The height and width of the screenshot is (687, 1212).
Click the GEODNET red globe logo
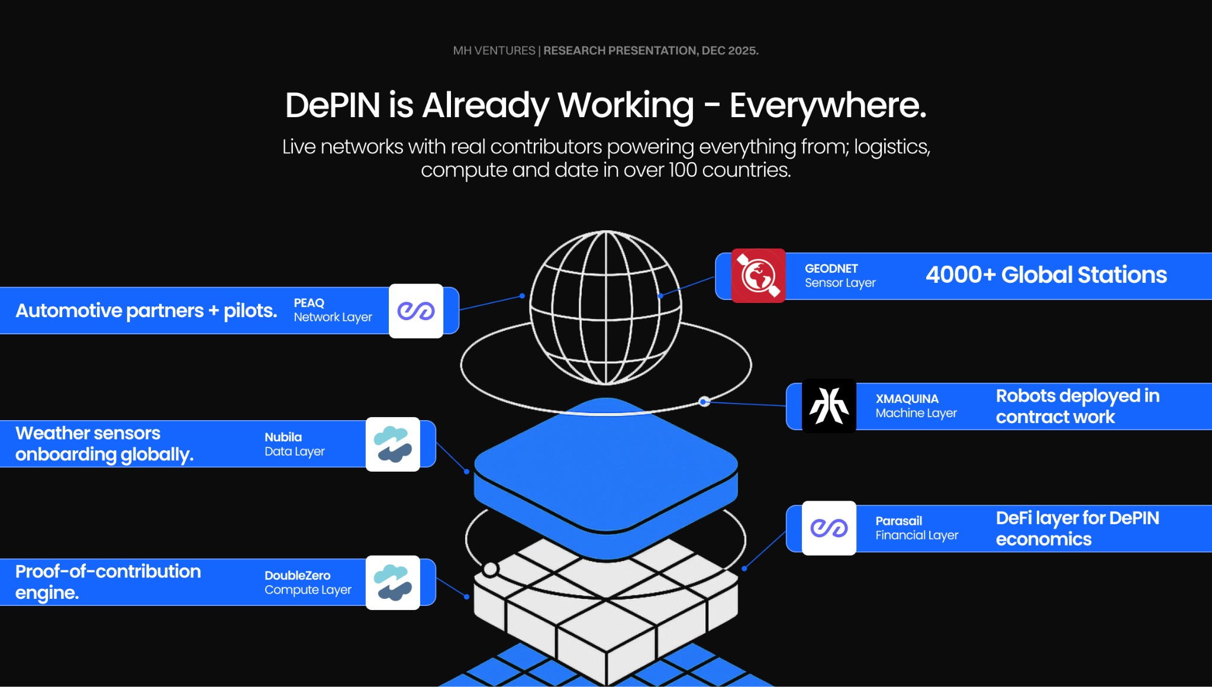click(758, 276)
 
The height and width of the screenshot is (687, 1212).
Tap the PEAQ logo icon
click(416, 311)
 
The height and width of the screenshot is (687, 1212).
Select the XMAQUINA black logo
click(829, 406)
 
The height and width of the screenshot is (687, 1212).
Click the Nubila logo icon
click(393, 444)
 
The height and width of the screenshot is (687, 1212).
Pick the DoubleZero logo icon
click(393, 583)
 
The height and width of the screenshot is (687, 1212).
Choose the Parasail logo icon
click(829, 528)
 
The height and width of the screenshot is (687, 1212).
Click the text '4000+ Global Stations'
click(1046, 275)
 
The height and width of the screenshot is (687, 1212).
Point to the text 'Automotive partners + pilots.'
click(146, 311)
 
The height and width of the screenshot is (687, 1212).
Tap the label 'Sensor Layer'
click(840, 283)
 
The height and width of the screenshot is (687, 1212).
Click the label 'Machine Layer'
click(916, 414)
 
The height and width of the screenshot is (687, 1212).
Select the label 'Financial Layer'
click(917, 536)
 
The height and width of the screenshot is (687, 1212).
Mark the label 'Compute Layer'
click(308, 590)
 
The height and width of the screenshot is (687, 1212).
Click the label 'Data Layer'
click(294, 451)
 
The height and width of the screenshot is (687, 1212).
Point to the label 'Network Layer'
click(333, 318)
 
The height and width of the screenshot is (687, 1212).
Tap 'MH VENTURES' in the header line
click(494, 51)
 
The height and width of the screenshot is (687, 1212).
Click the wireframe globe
click(605, 308)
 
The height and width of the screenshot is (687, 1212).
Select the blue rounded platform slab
click(605, 467)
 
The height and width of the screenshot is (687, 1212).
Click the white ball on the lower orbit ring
click(490, 569)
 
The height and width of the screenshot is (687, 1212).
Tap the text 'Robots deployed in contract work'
click(1077, 407)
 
